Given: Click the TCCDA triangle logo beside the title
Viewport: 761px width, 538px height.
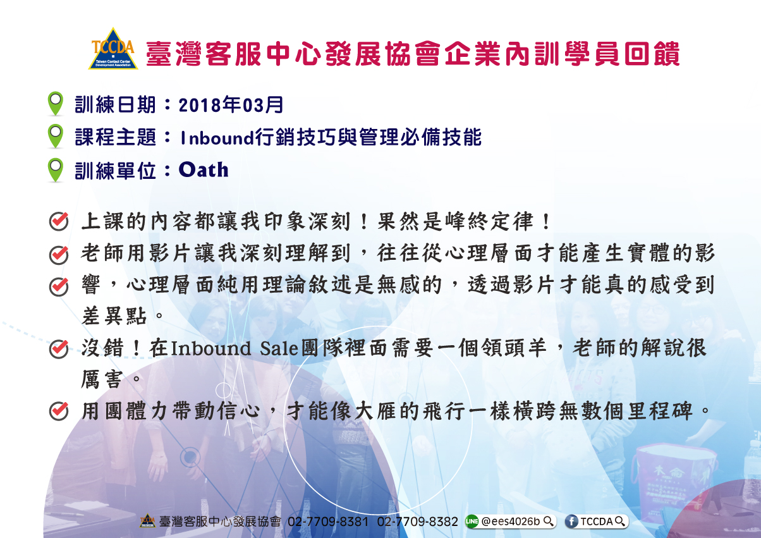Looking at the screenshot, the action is coord(113,49).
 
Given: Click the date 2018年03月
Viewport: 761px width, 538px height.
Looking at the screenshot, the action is coord(231,104).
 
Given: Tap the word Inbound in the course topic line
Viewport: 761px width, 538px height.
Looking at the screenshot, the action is coord(217,138).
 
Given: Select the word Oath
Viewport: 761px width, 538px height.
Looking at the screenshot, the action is coord(204,169).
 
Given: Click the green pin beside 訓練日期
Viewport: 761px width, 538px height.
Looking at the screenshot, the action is coord(56,103).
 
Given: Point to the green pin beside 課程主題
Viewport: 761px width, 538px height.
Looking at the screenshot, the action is coord(56,136).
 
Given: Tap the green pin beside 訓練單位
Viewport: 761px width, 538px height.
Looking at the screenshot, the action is coord(56,170).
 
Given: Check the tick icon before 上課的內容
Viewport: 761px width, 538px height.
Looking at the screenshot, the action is coord(59,221).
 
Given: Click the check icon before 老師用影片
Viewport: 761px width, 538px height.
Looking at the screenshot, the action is coord(59,255).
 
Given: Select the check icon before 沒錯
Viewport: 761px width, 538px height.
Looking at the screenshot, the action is coord(59,349).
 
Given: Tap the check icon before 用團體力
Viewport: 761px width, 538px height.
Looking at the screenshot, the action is coord(59,411).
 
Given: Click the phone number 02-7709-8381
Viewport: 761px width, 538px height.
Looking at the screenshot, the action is coord(328,522).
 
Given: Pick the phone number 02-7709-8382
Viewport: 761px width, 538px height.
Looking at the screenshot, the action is coord(418,522).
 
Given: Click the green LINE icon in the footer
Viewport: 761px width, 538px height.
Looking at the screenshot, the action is coord(472,522).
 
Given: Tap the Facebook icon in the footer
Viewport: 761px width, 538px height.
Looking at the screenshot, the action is coord(571,522).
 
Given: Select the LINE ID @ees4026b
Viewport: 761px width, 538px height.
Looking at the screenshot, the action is coord(510,522).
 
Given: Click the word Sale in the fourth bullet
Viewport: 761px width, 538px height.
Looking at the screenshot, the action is coord(279,348).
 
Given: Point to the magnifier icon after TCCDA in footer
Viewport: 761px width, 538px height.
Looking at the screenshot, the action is coord(619,522).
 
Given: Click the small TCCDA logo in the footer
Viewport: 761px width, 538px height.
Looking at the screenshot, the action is coord(147,521).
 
